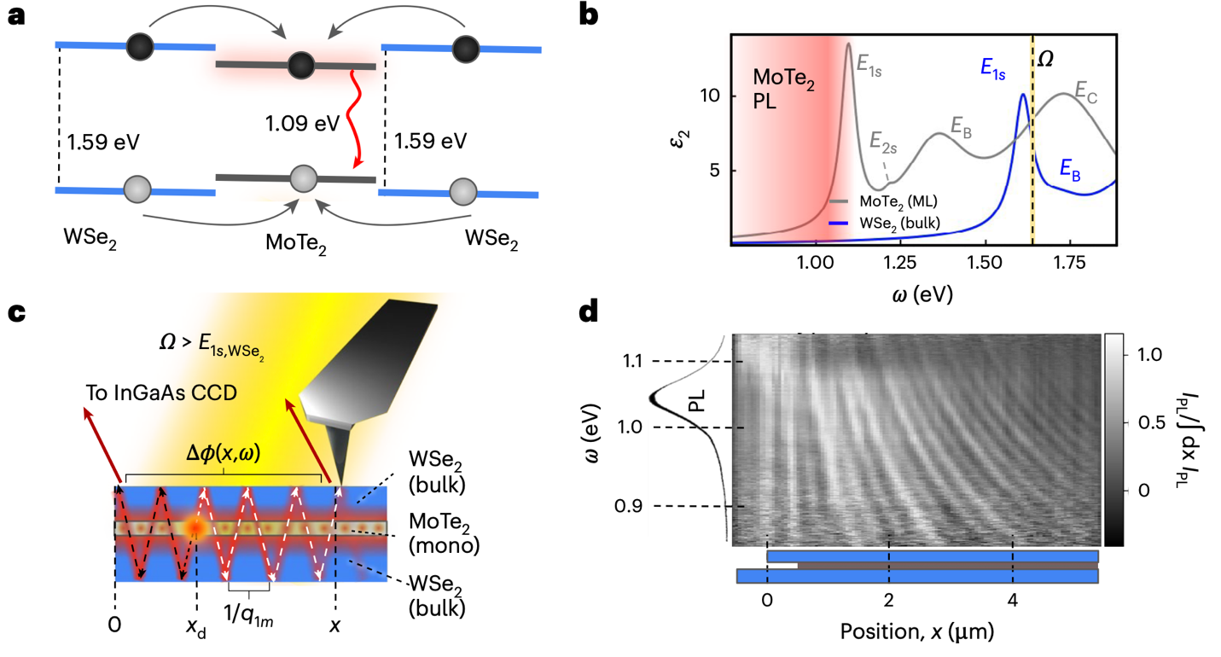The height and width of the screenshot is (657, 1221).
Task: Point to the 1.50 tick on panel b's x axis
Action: click(985, 261)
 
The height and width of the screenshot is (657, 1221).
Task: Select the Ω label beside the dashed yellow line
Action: click(1046, 61)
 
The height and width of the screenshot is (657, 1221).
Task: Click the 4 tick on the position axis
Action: click(1013, 599)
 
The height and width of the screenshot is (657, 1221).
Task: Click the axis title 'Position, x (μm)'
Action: click(916, 632)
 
